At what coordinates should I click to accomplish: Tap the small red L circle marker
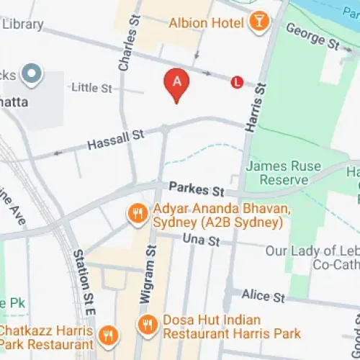click(x=236, y=82)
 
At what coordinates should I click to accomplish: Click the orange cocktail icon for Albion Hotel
click(x=257, y=22)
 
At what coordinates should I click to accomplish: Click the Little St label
click(x=92, y=88)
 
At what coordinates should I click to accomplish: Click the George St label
click(x=312, y=35)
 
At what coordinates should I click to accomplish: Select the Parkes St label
click(x=197, y=190)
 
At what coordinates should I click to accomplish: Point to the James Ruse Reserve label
click(x=283, y=172)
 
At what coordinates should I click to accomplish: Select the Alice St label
click(x=264, y=297)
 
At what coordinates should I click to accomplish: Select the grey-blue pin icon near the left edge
click(x=31, y=73)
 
